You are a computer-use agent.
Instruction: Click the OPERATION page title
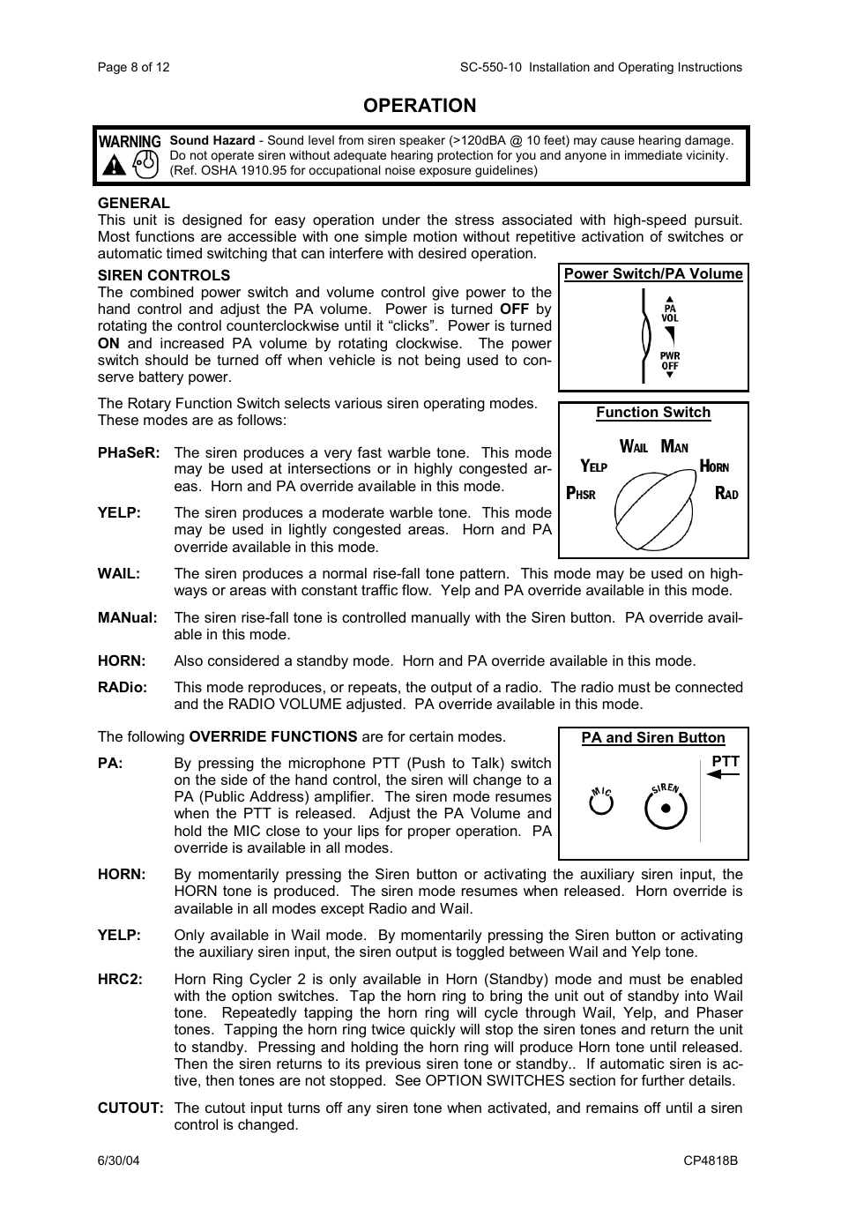click(420, 106)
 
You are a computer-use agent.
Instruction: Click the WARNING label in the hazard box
click(130, 141)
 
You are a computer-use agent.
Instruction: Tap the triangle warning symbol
click(113, 165)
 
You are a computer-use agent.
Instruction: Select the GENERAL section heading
click(133, 203)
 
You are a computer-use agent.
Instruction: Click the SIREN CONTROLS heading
click(163, 275)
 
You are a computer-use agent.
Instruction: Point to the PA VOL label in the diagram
click(670, 313)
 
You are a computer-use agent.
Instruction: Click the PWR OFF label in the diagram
click(670, 361)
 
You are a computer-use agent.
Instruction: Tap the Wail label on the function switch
click(634, 447)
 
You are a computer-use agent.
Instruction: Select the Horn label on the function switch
click(714, 466)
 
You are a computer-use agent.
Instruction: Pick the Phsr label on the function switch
click(580, 494)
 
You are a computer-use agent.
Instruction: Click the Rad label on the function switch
click(726, 494)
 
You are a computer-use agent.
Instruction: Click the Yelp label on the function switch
click(593, 466)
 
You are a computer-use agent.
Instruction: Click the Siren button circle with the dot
click(666, 808)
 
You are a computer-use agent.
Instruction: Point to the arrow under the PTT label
click(723, 774)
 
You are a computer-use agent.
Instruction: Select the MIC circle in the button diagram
click(601, 803)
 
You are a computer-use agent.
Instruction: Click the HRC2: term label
click(120, 979)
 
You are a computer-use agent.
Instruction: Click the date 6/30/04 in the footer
click(118, 1161)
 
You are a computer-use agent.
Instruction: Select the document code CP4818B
click(711, 1161)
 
